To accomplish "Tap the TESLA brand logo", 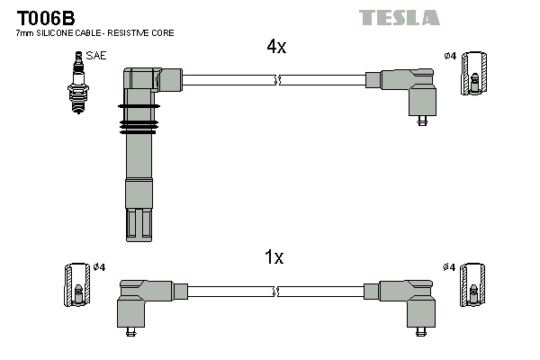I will click(399, 17).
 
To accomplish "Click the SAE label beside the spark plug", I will click(96, 56).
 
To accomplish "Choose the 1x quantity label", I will click(274, 257).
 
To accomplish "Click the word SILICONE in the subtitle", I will click(54, 33).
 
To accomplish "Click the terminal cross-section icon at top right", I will click(474, 73).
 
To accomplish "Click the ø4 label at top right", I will click(450, 57).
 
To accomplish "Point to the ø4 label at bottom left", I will click(100, 267).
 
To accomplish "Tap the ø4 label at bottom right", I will click(450, 267).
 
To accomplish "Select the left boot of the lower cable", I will click(144, 301).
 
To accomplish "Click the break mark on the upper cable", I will click(279, 80).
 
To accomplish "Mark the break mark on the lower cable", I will click(279, 292).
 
